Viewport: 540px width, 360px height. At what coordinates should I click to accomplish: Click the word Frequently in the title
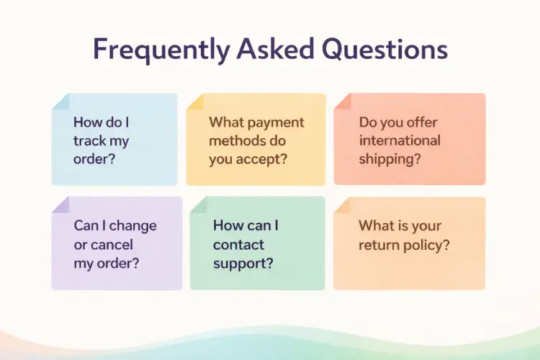(x=153, y=50)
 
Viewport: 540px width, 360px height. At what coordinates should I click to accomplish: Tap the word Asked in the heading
(x=271, y=50)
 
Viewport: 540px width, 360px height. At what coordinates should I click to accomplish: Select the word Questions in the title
(x=384, y=50)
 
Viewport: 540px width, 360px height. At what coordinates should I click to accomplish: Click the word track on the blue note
(x=91, y=141)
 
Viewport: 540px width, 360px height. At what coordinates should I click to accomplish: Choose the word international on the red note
(x=400, y=140)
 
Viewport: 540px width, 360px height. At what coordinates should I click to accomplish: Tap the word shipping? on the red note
(x=390, y=158)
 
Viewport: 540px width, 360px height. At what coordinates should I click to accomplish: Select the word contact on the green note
(x=238, y=245)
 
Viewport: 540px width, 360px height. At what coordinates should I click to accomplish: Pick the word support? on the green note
(x=243, y=263)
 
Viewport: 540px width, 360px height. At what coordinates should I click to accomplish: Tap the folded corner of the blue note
(x=60, y=102)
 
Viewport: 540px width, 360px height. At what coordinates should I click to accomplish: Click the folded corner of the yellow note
(x=194, y=102)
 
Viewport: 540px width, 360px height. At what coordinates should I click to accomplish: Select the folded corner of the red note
(x=341, y=102)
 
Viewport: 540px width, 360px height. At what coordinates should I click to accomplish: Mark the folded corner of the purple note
(x=60, y=205)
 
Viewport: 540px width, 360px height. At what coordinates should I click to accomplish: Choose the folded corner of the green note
(x=198, y=205)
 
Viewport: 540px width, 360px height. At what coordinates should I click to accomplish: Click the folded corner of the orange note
(x=341, y=205)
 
